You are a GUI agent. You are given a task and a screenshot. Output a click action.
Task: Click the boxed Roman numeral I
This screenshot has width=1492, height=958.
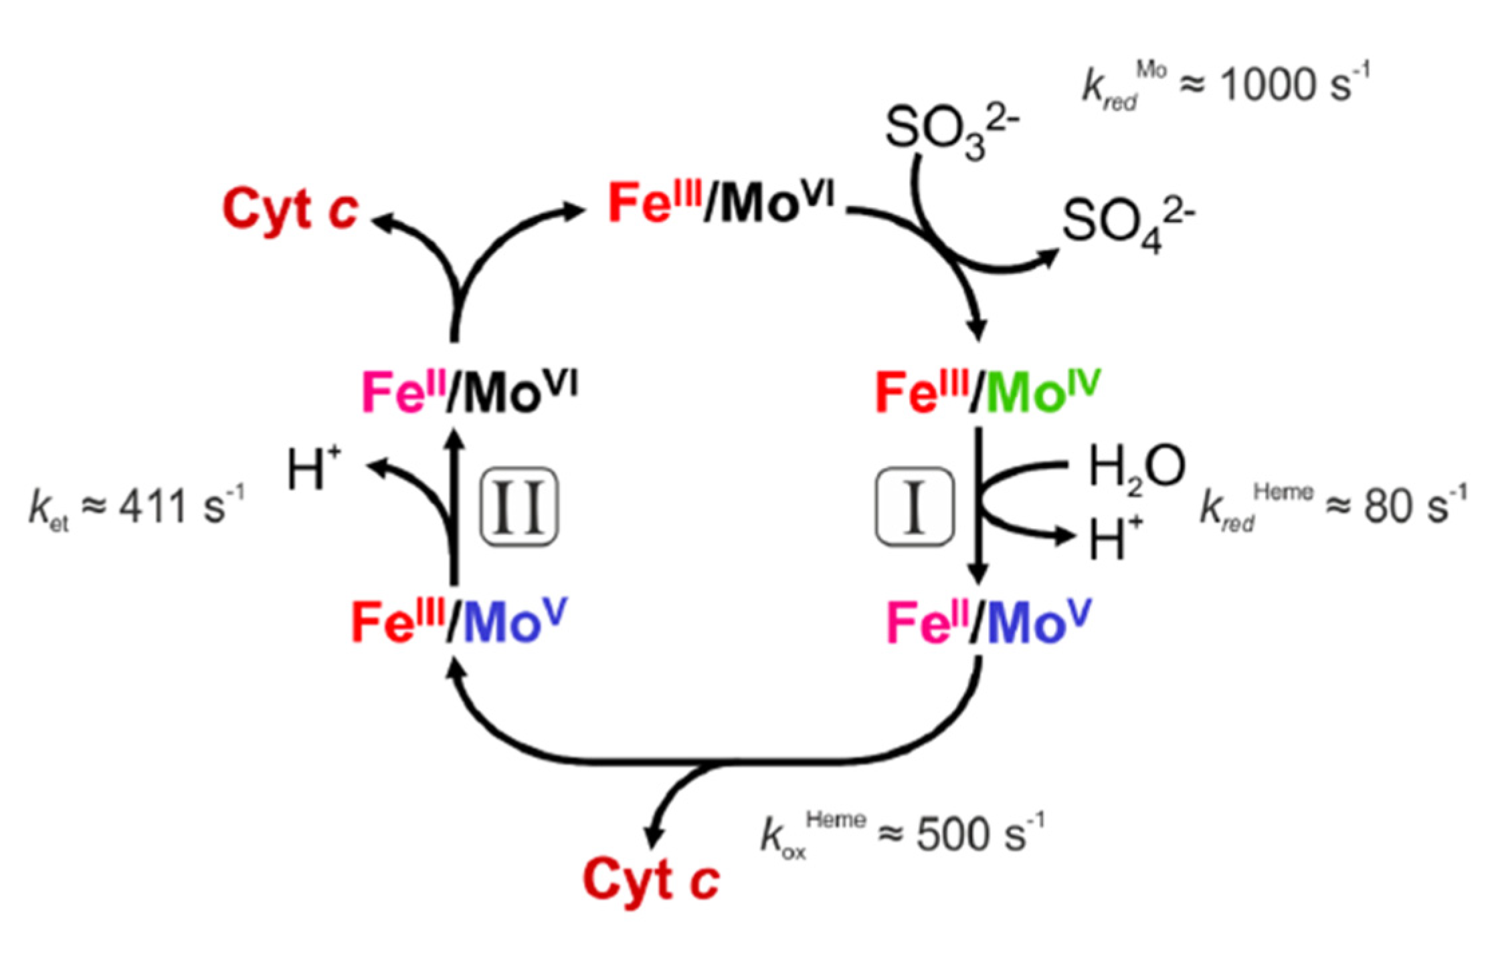click(914, 507)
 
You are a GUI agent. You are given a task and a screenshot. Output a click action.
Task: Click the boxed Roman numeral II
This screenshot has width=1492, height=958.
click(519, 507)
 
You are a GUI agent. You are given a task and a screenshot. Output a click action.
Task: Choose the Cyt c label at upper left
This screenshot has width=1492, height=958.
click(290, 209)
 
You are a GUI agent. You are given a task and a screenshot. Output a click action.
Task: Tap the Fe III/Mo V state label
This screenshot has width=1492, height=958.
click(459, 621)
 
